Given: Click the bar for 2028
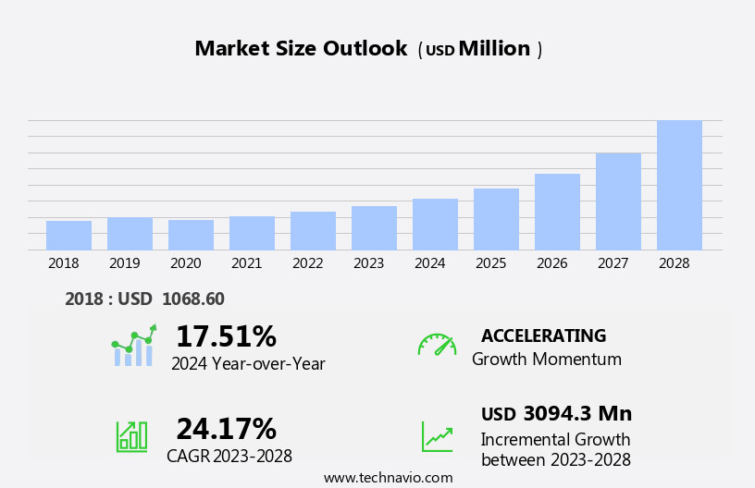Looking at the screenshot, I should click(x=679, y=185).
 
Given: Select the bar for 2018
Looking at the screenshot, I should click(x=68, y=235).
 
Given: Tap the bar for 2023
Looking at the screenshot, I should click(x=374, y=227).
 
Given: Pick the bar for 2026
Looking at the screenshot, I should click(x=557, y=212).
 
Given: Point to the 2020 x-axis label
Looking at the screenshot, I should click(x=185, y=263).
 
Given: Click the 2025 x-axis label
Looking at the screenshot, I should click(x=490, y=263).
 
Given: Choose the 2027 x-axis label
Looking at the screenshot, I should click(x=613, y=263).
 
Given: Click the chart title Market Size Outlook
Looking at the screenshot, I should click(x=301, y=49).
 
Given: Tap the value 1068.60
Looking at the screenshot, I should click(x=192, y=299).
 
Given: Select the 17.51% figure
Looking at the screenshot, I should click(x=226, y=336).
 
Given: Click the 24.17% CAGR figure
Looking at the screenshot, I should click(x=226, y=429).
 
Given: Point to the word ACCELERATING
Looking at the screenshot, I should click(x=543, y=335).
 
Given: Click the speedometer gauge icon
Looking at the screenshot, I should click(x=437, y=345).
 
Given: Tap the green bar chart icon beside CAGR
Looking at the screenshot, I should click(x=131, y=435).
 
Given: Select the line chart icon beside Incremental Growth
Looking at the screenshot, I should click(x=437, y=436).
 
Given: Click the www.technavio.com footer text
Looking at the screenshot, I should click(x=388, y=478).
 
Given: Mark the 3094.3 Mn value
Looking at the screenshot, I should click(x=577, y=413).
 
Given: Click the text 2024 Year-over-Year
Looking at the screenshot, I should click(x=248, y=364).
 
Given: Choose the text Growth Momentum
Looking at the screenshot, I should click(x=546, y=360).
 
